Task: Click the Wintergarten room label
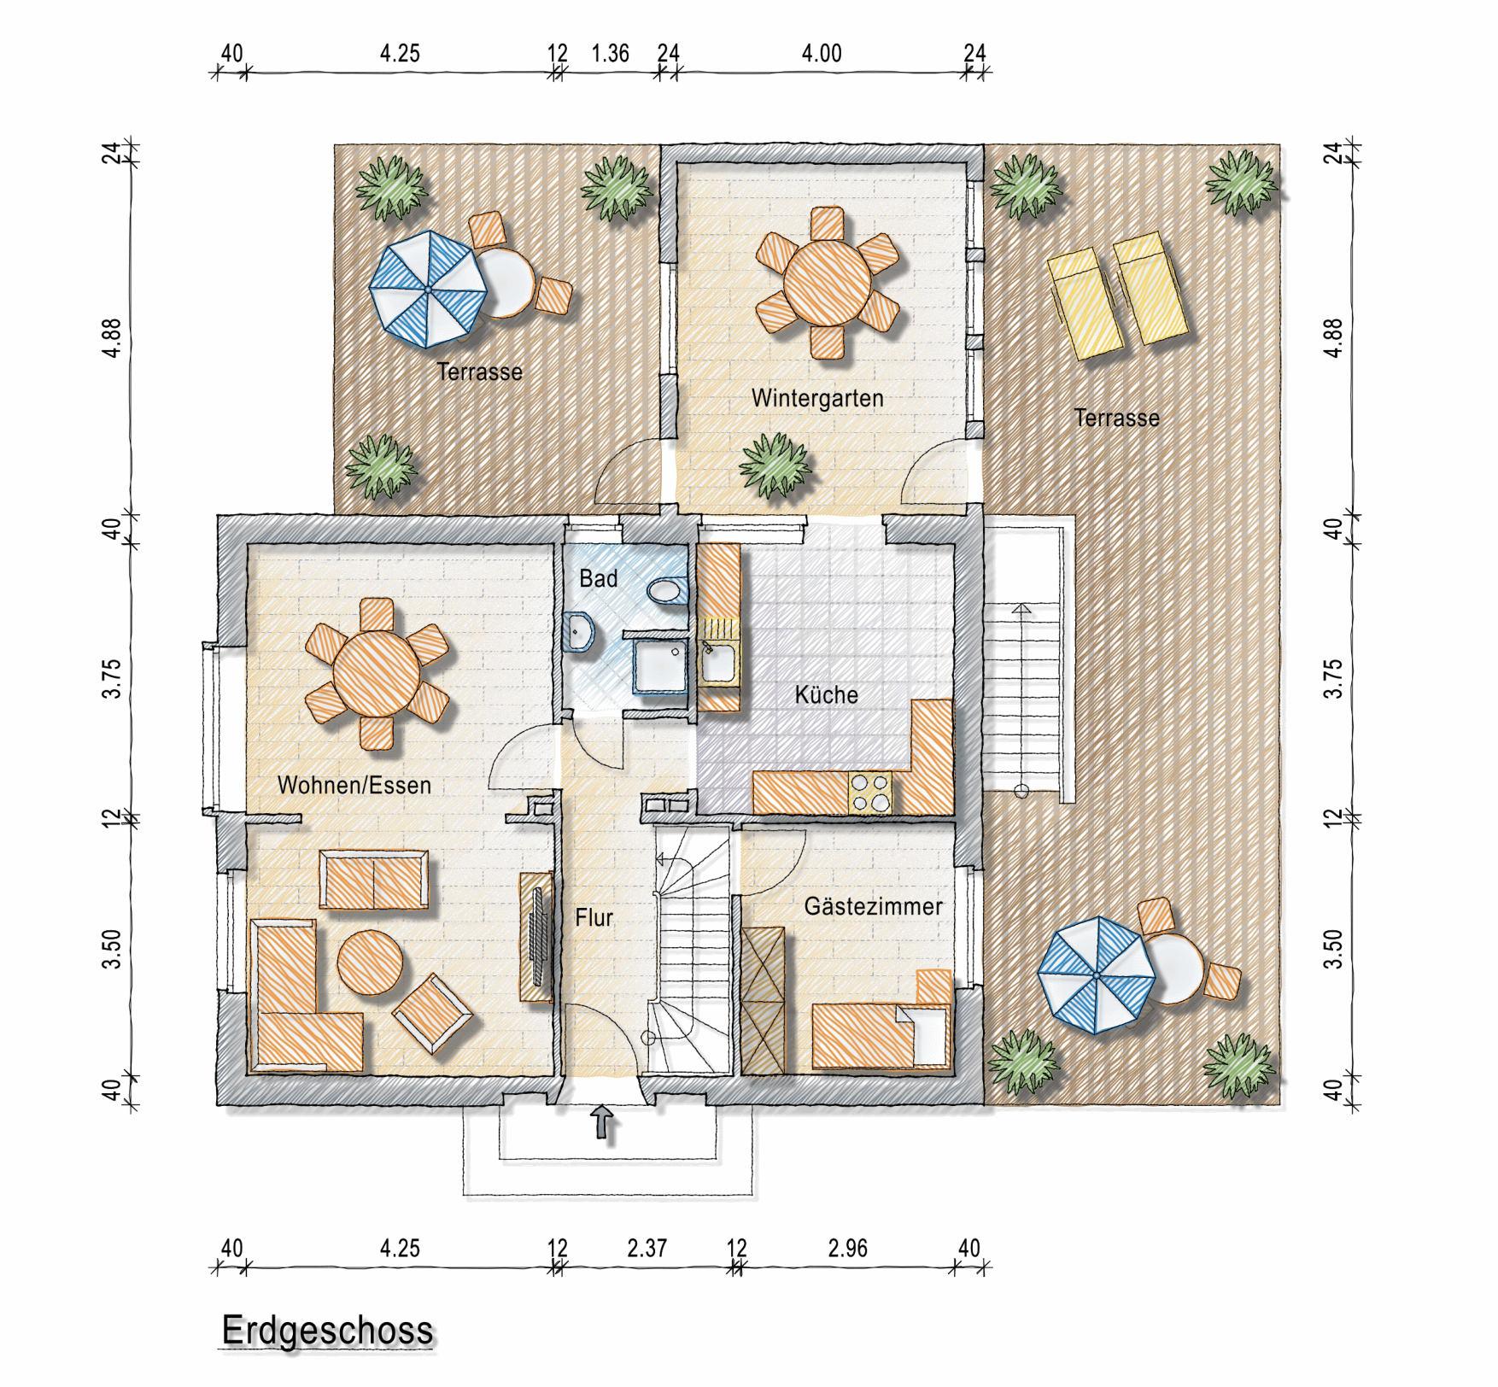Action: tap(817, 398)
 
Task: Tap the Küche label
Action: tap(826, 694)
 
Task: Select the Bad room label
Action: tap(598, 578)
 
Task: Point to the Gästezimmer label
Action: tap(873, 906)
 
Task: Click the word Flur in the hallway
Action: tap(594, 918)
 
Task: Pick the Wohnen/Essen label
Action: tap(354, 785)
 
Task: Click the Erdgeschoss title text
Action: tap(327, 1331)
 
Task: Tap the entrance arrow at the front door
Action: tap(603, 1122)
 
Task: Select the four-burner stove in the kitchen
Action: tap(869, 792)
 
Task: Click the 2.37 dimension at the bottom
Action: tap(647, 1248)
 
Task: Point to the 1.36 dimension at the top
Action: tap(611, 53)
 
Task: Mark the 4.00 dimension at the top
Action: tap(821, 53)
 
